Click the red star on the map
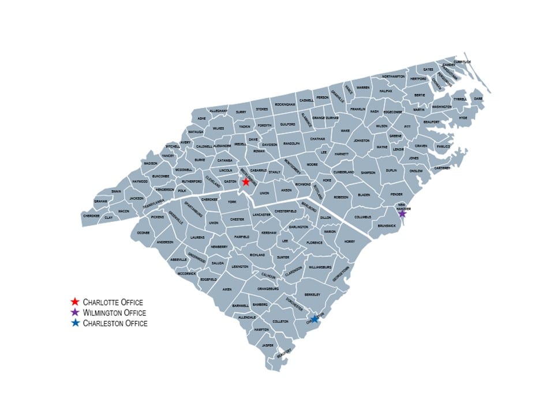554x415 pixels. (246, 182)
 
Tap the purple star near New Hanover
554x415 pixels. (402, 214)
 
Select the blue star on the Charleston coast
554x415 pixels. (315, 319)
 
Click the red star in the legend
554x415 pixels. (74, 301)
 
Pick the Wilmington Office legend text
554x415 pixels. (114, 312)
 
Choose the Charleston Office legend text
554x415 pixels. (115, 323)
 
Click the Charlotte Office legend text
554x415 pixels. (113, 301)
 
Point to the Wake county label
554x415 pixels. (345, 131)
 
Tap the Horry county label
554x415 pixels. (350, 242)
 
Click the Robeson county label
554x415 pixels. (341, 197)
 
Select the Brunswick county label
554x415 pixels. (387, 226)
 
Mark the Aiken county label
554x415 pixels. (227, 289)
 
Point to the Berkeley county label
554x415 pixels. (312, 295)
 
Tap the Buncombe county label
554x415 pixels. (157, 176)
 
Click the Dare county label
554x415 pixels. (478, 99)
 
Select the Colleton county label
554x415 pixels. (280, 321)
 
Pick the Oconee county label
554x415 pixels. (144, 233)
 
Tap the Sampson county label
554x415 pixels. (368, 172)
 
